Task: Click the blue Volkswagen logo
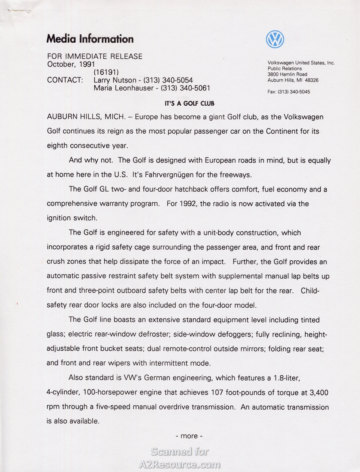[x=275, y=39]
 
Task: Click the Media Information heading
[x=90, y=39]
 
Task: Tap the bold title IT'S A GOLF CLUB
[x=190, y=103]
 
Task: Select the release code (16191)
[x=106, y=72]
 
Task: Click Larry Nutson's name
[x=115, y=80]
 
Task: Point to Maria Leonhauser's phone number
[x=185, y=88]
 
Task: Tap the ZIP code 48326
[x=312, y=80]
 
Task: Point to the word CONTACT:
[x=65, y=80]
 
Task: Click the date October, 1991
[x=71, y=64]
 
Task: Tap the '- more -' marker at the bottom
[x=189, y=436]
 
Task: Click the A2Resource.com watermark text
[x=180, y=464]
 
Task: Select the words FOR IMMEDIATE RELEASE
[x=95, y=56]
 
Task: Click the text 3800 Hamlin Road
[x=287, y=74]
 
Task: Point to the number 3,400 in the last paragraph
[x=319, y=393]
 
